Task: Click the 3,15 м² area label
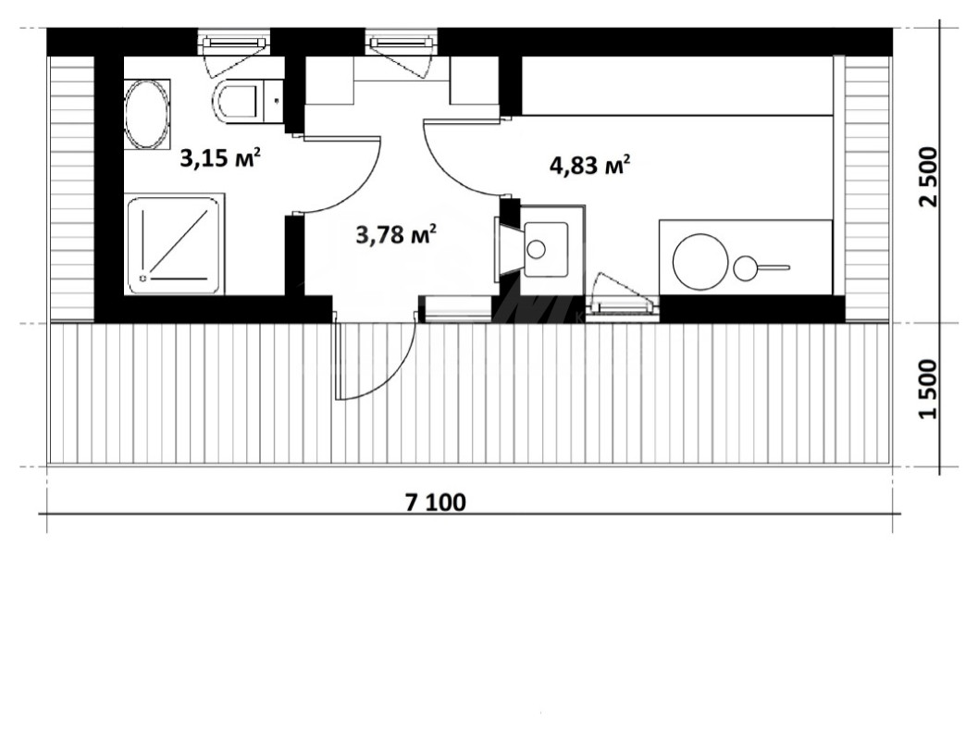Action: (x=219, y=158)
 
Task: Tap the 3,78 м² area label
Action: (x=395, y=234)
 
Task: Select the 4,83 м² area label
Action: (x=589, y=166)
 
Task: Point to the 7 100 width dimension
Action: (x=436, y=503)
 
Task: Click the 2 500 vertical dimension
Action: (x=928, y=177)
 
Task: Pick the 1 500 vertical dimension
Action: (x=928, y=390)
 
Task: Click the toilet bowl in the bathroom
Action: (x=236, y=101)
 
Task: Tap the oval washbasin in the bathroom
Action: (x=147, y=114)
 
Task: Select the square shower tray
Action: (x=175, y=244)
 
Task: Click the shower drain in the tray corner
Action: (x=144, y=278)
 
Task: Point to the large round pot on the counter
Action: (x=700, y=262)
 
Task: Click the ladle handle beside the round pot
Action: (x=774, y=267)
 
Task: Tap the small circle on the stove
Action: (x=537, y=250)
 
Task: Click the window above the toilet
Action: (x=235, y=43)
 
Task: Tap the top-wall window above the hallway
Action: (x=402, y=43)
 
